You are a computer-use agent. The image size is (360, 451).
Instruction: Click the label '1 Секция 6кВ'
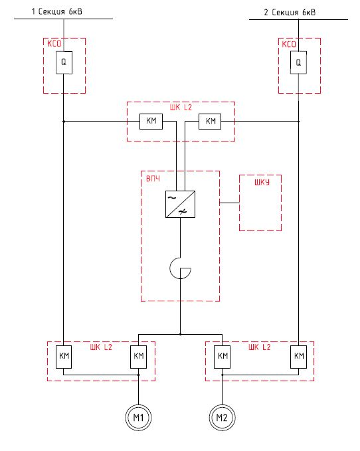[x=56, y=11]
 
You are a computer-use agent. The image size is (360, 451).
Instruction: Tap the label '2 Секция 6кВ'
[x=290, y=13]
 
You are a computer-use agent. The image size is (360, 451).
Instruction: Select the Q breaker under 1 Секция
[x=64, y=62]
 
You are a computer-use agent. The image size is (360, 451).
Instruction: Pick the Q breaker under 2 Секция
[x=298, y=62]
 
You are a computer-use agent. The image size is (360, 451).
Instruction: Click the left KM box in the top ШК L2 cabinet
[x=151, y=121]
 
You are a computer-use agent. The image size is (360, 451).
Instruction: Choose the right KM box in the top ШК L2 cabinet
[x=210, y=121]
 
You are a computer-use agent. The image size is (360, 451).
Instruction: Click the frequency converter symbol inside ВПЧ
[x=180, y=204]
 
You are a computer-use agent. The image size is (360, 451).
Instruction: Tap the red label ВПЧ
[x=153, y=179]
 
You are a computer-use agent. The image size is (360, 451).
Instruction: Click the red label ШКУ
[x=262, y=182]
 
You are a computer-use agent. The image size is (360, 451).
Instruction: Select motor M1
[x=138, y=417]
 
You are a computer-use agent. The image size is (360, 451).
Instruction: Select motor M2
[x=222, y=417]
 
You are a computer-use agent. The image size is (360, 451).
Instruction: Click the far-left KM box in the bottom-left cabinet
[x=64, y=357]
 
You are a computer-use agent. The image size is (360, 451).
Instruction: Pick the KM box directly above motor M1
[x=139, y=357]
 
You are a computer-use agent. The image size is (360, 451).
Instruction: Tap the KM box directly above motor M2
[x=223, y=357]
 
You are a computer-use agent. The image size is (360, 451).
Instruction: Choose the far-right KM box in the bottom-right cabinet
[x=298, y=357]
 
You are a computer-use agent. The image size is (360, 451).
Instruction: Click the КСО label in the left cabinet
[x=54, y=43]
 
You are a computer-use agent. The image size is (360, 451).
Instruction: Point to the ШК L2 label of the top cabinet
[x=181, y=108]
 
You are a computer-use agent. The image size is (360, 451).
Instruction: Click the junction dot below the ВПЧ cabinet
[x=180, y=334]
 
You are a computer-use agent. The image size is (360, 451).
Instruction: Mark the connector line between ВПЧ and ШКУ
[x=229, y=203]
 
